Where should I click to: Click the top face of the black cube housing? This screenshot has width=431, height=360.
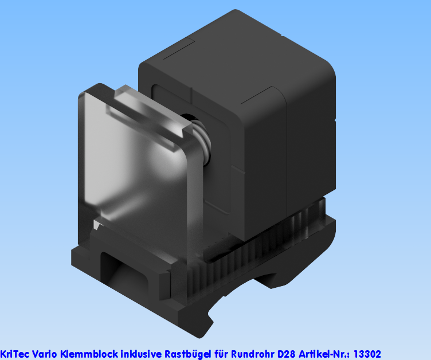pyautogui.click(x=241, y=52)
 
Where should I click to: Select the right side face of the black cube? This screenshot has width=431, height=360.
pyautogui.click(x=309, y=143)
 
